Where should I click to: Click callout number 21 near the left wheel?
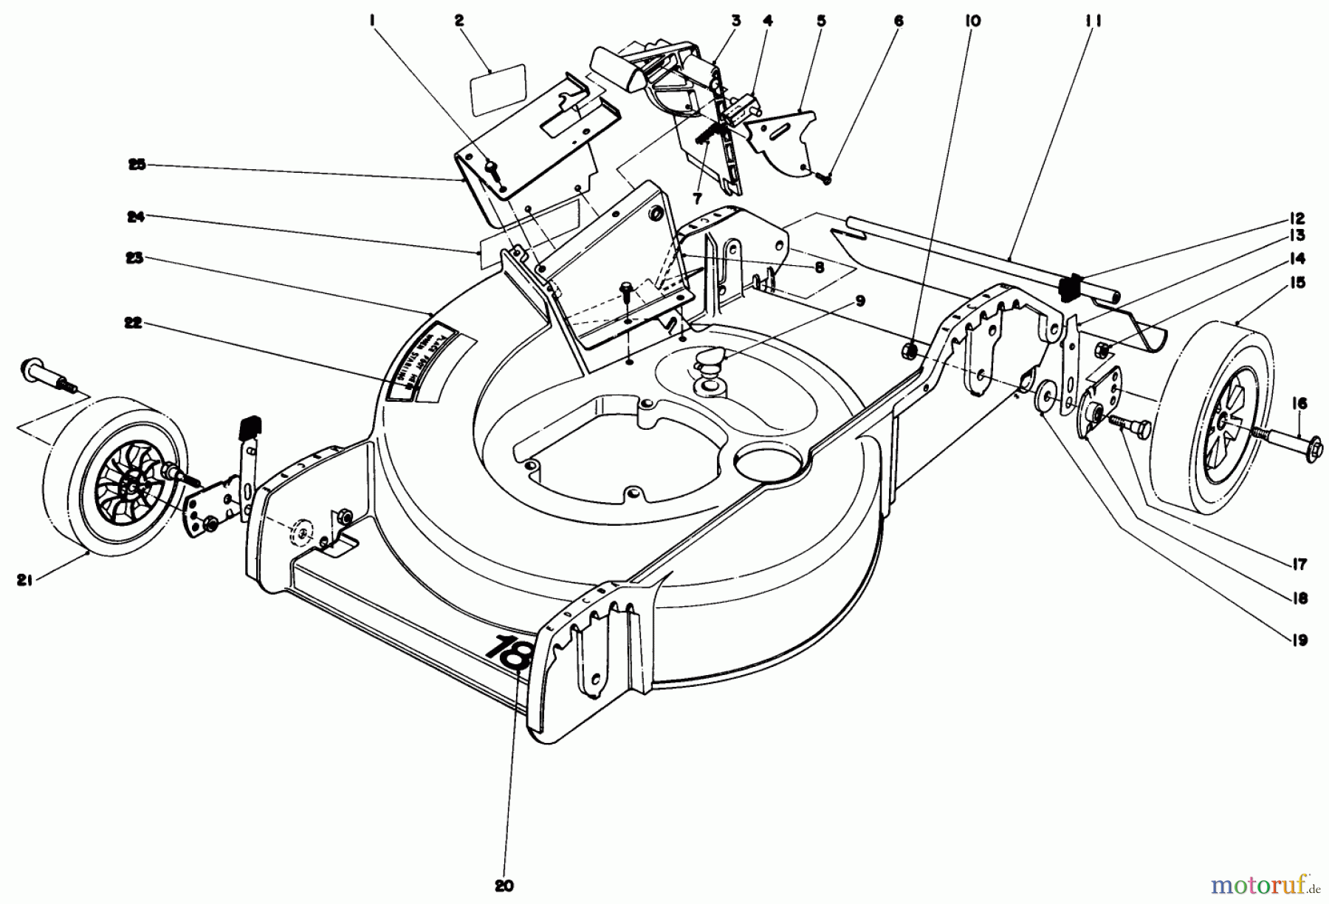pos(23,581)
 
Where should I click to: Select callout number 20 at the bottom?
pos(504,886)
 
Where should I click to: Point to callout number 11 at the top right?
pos(1093,21)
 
